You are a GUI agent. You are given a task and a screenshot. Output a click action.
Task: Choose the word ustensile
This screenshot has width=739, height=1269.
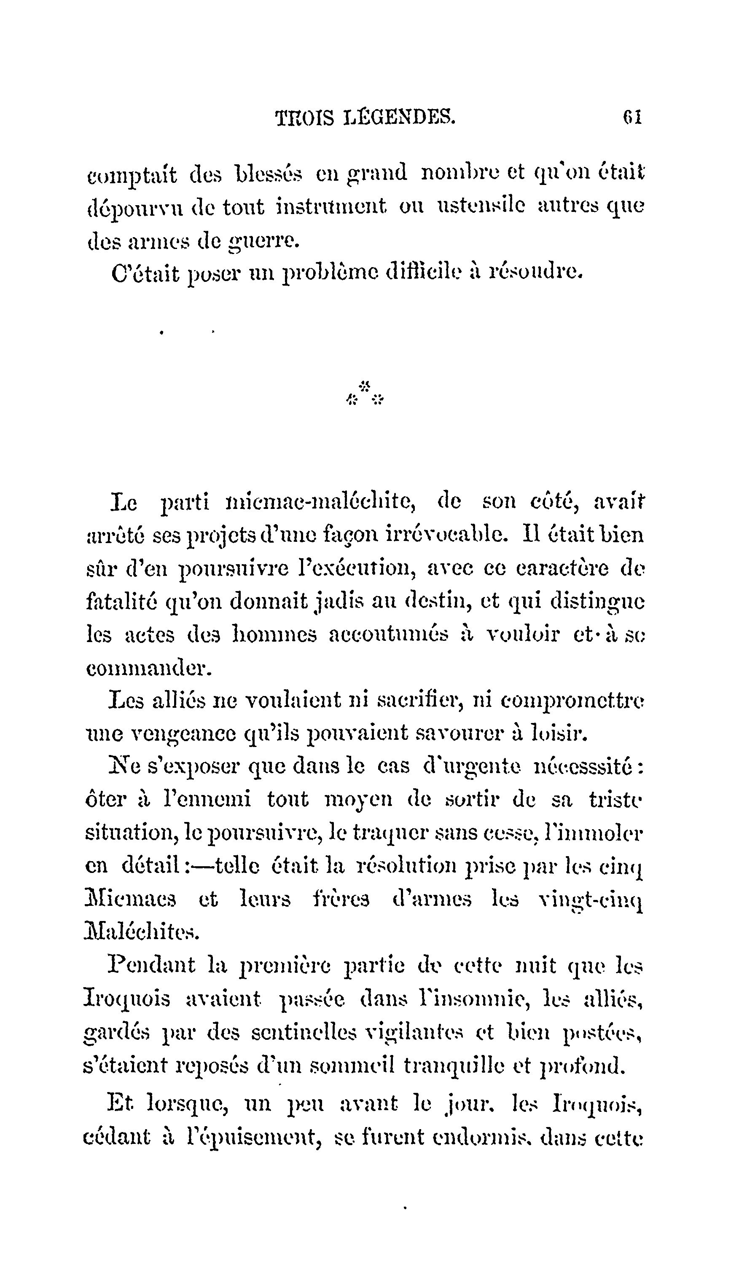point(480,206)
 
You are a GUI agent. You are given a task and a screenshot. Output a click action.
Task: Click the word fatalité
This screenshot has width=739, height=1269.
point(119,601)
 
